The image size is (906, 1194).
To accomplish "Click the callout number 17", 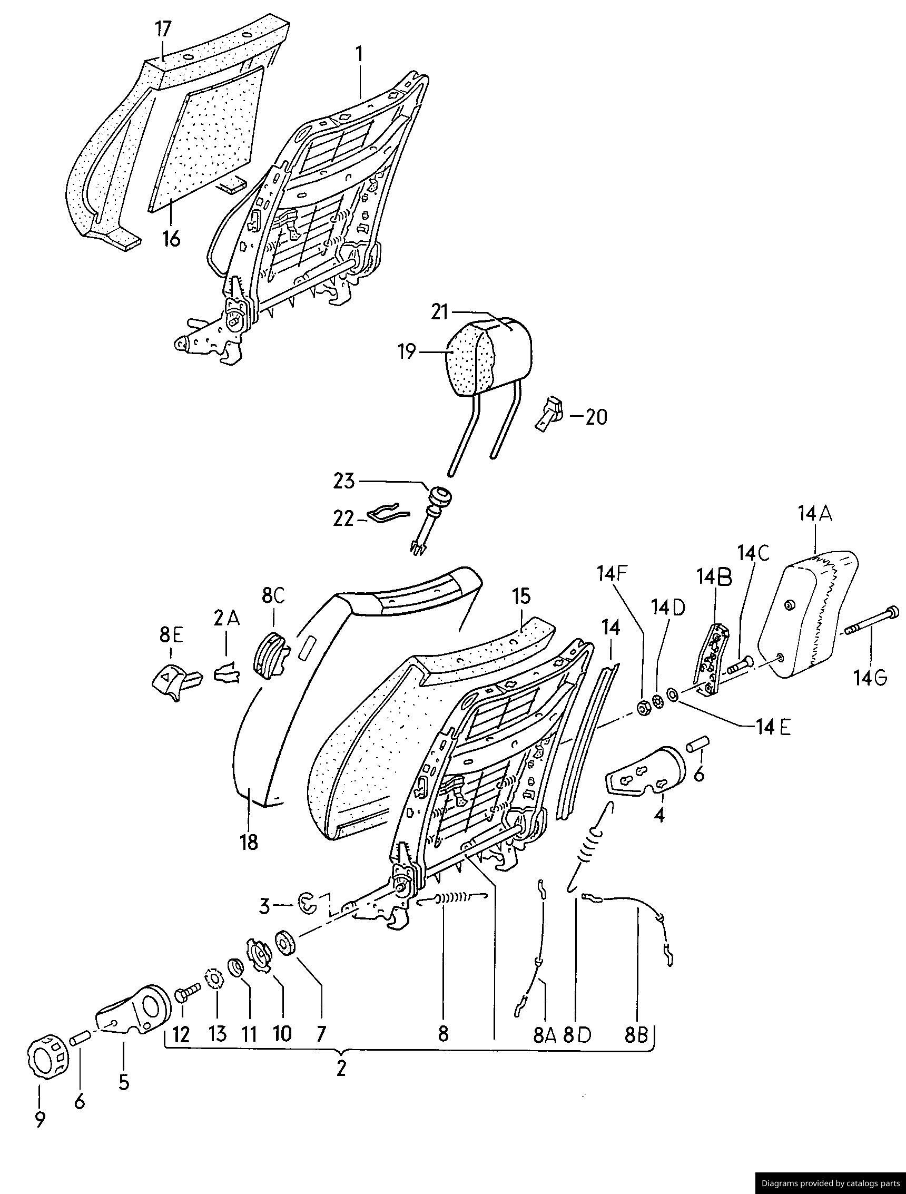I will (x=163, y=30).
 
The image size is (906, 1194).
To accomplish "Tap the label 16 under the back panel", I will (x=171, y=239).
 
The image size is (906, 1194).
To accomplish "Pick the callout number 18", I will (x=249, y=843).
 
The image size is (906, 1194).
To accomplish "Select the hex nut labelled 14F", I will (x=643, y=708).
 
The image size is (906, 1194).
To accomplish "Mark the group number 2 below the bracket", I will (x=340, y=1069).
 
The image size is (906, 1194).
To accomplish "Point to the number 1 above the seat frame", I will (x=359, y=55).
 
